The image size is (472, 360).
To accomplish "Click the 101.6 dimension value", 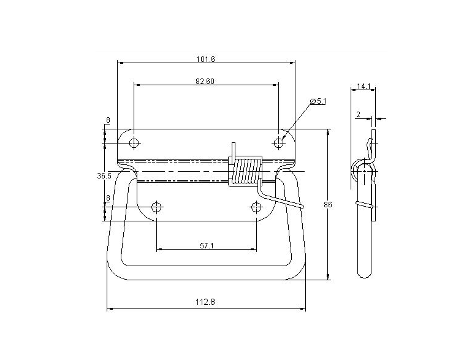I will pos(205,59).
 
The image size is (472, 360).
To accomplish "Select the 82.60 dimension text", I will pos(205,82).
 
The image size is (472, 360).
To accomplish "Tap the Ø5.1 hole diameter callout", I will pos(318,101).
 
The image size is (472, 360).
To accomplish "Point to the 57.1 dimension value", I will pos(207,245).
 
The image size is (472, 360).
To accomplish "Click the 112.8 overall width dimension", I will pos(205,302).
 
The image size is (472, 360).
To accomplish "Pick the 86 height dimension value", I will pos(328,205).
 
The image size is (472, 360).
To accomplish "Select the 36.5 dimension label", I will pos(104,176).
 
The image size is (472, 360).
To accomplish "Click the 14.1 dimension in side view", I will pos(364,86).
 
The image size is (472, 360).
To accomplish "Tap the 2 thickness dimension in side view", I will pos(357,114).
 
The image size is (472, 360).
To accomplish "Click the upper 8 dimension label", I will pos(108,121).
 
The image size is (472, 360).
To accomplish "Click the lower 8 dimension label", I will pos(108,198).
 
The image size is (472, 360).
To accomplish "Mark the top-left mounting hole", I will pos(134,143).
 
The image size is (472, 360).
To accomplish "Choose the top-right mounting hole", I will pos(279,143).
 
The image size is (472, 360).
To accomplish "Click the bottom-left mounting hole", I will pos(156,207).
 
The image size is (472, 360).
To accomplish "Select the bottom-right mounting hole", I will pos(256,207).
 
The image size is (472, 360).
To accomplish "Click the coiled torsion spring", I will pos(246,172).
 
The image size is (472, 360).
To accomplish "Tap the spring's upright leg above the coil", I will pos(233,150).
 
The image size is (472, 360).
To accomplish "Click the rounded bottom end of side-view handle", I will pos(365,274).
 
